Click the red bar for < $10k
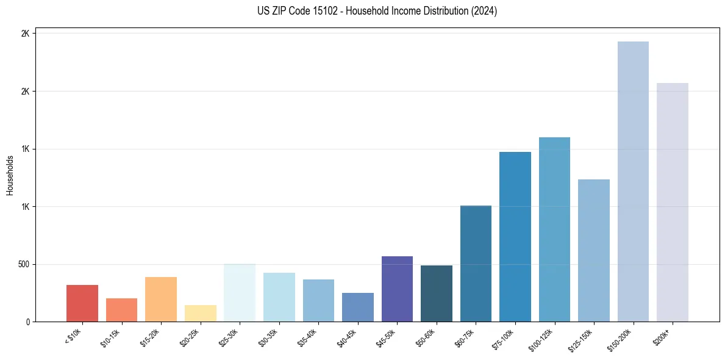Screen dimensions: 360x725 [82, 303]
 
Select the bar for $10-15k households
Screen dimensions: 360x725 [121, 310]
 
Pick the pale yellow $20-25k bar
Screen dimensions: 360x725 [200, 314]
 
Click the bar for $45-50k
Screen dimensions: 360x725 [397, 289]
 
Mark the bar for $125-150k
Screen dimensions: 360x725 [594, 251]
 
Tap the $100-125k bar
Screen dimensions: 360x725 [554, 229]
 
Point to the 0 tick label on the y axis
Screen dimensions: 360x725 [28, 322]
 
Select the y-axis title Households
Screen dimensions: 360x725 [10, 176]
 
